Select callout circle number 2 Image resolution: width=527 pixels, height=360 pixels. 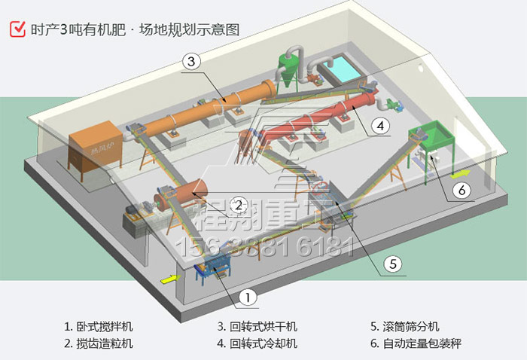(238, 204)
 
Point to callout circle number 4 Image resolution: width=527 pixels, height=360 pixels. (381, 125)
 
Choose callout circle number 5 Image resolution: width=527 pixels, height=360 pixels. (392, 263)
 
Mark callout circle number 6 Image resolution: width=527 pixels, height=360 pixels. (463, 190)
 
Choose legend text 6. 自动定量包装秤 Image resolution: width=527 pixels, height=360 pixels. (416, 343)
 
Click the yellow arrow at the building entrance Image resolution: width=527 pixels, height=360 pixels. (171, 279)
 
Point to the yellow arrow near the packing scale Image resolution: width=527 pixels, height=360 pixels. (461, 174)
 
